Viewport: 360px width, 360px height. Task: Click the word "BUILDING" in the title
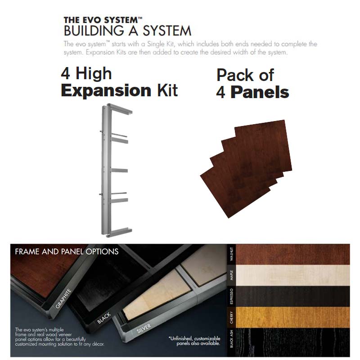[x=94, y=31]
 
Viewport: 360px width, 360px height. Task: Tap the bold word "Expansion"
[x=106, y=91]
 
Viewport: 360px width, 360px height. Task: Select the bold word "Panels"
[x=260, y=92]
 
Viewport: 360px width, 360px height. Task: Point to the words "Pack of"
[x=245, y=75]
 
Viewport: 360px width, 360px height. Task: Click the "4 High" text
[x=86, y=73]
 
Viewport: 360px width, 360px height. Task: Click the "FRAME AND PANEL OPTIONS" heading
[x=67, y=252]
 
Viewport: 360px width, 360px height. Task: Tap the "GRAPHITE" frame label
[x=63, y=298]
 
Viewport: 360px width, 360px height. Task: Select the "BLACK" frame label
[x=104, y=318]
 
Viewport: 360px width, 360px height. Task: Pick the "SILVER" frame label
[x=144, y=328]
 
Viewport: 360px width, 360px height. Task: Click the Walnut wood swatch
[x=293, y=255]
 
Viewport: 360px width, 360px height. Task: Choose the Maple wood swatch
[x=293, y=275]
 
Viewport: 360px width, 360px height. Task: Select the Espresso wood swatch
[x=293, y=296]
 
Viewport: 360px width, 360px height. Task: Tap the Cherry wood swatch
[x=293, y=317]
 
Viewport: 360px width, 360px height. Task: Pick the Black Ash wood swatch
[x=293, y=341]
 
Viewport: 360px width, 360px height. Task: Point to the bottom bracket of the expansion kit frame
[x=120, y=231]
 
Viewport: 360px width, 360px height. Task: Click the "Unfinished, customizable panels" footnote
[x=194, y=341]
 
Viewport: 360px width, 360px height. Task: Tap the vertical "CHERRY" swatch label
[x=231, y=317]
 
